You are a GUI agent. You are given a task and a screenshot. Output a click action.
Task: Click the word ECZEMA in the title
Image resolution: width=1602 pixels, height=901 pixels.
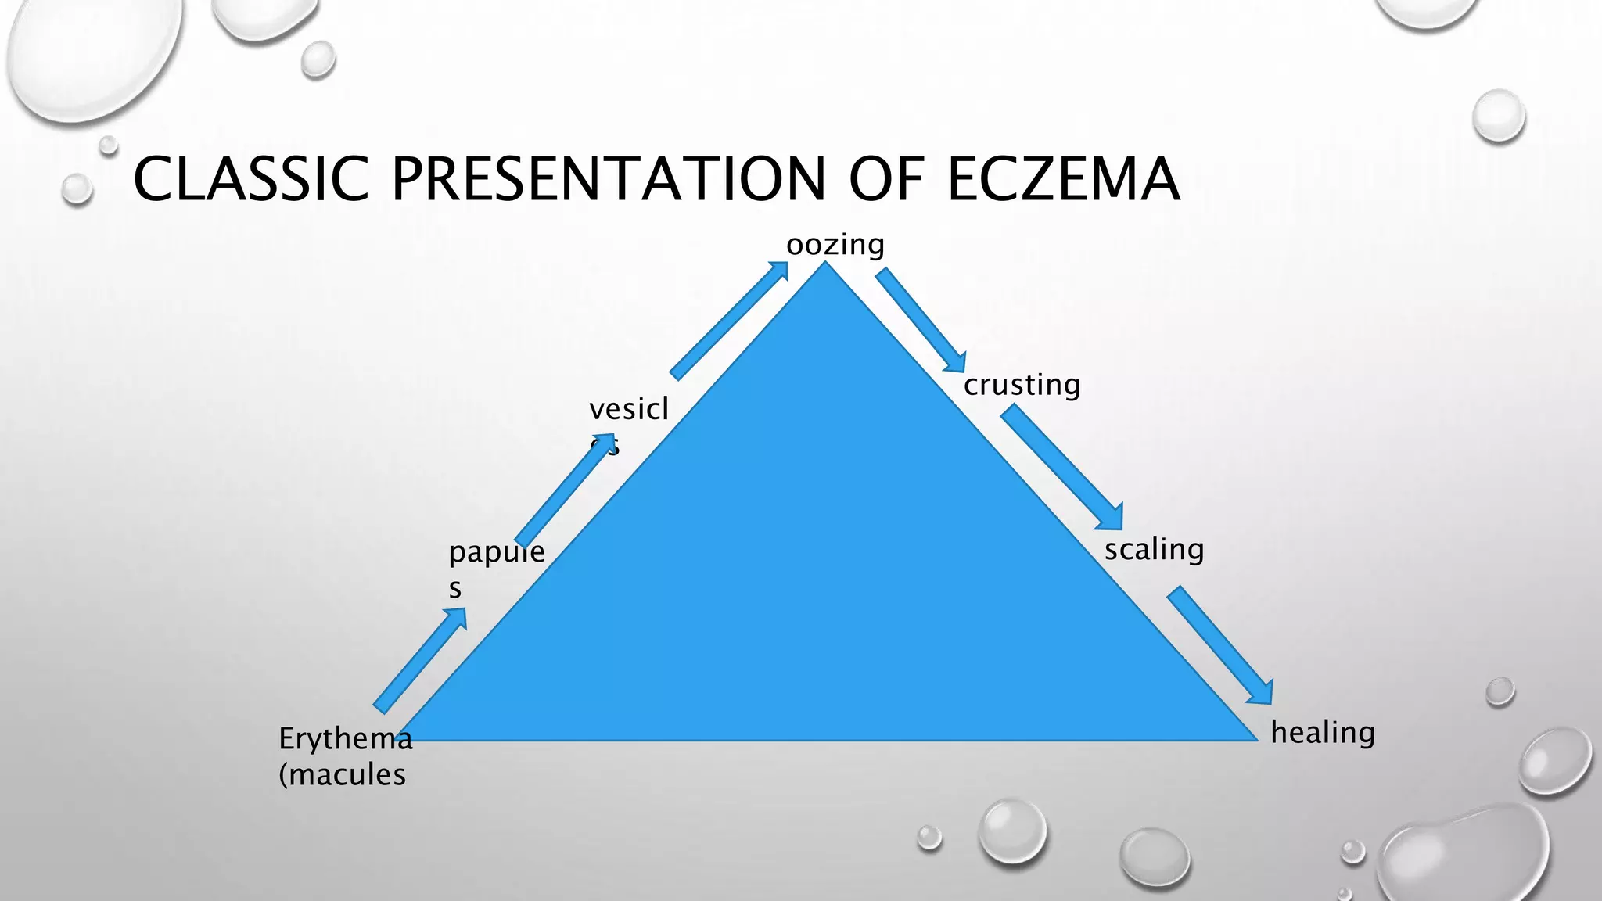(x=1063, y=179)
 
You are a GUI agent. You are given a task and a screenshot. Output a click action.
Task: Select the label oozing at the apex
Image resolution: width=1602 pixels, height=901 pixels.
(x=835, y=245)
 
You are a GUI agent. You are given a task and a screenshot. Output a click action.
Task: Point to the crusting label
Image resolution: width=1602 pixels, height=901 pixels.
(x=1022, y=385)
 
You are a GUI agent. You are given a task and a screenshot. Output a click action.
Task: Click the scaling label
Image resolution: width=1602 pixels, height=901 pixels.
(x=1154, y=549)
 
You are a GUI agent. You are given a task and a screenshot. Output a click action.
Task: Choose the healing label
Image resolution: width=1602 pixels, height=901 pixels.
(x=1322, y=733)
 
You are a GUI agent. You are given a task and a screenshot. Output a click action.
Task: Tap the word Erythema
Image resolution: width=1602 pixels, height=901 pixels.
(x=345, y=738)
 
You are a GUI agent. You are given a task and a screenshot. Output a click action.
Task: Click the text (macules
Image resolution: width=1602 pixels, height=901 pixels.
(x=342, y=775)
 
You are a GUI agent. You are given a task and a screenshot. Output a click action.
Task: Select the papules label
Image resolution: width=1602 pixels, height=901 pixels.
(x=495, y=553)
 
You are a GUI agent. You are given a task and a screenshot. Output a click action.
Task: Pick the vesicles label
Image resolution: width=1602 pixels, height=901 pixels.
(x=628, y=409)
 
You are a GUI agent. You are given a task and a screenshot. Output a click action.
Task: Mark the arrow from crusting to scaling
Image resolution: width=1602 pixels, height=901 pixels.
(x=1062, y=468)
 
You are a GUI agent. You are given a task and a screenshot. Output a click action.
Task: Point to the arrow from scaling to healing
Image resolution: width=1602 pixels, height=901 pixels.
(x=1221, y=646)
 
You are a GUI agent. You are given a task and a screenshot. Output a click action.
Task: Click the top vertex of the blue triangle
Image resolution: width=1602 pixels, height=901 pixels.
(x=824, y=264)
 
